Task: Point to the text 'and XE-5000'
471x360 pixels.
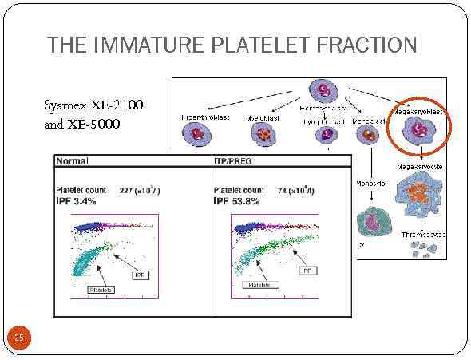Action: point(85,125)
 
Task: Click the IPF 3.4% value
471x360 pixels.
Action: point(76,202)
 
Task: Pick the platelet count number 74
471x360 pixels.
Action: point(283,190)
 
